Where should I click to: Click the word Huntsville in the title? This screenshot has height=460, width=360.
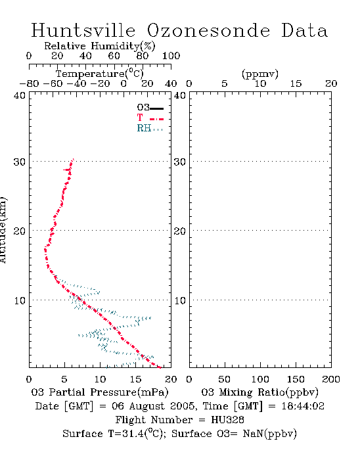[x=83, y=30]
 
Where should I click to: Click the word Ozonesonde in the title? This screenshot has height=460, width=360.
[x=208, y=30]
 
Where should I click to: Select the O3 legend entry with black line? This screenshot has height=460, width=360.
[x=150, y=108]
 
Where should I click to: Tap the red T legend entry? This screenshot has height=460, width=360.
[x=150, y=118]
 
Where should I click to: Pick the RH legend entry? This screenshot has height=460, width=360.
[x=150, y=129]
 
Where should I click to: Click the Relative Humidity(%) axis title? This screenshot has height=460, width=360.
[x=100, y=46]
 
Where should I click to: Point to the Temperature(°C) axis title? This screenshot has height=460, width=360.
[x=100, y=74]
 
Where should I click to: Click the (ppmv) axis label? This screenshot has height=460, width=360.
[x=260, y=74]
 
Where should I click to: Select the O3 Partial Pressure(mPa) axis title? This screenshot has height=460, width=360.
[x=100, y=392]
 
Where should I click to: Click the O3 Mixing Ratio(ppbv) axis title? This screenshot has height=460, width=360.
[x=259, y=392]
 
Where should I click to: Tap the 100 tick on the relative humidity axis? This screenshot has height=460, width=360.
[x=171, y=56]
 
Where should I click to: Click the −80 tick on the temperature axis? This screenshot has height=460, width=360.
[x=29, y=84]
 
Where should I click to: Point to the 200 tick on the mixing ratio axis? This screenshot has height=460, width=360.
[x=331, y=379]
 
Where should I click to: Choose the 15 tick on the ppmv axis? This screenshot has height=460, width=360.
[x=296, y=84]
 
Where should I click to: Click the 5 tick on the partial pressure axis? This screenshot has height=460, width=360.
[x=64, y=379]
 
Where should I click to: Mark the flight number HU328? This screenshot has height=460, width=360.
[x=227, y=420]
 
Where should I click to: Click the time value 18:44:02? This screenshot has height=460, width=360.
[x=303, y=406]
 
